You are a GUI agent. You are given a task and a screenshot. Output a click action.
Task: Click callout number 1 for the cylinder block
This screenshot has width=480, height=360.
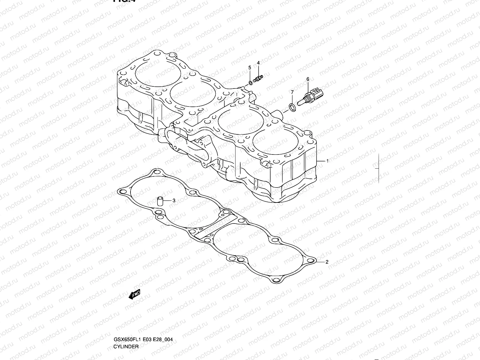pos(327,161)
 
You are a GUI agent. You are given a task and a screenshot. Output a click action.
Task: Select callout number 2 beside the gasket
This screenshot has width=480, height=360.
pos(327,262)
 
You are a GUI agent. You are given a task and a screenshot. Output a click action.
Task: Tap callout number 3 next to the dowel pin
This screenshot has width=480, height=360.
pos(173,200)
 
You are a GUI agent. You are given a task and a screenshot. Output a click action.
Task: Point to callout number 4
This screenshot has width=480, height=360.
pos(258,63)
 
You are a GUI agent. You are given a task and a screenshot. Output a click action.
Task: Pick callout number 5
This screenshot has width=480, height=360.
pos(249,68)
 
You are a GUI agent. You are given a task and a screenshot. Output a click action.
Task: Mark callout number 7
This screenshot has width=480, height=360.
pos(292,92)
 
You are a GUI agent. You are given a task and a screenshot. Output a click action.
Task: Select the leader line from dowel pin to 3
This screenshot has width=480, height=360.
pos(167,200)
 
